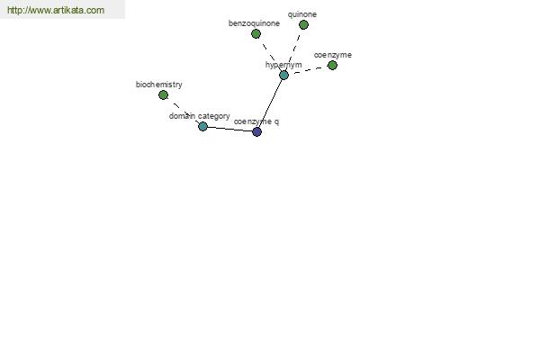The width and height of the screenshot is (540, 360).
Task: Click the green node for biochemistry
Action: pos(163,95)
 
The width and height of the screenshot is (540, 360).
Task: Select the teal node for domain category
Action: pos(202,126)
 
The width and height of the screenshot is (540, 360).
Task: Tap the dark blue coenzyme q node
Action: pos(256,131)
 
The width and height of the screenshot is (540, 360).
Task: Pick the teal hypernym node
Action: pos(283,75)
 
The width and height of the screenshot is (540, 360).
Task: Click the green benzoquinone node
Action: pos(256,34)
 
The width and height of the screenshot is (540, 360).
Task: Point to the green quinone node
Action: pos(303,25)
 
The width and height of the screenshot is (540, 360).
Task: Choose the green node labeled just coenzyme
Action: pos(332,65)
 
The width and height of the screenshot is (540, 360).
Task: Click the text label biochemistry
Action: pos(158,85)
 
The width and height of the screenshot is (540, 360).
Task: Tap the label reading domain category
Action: pos(200,116)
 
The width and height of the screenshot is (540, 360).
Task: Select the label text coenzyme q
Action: pos(256,121)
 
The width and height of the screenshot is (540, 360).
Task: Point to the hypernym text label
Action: pos(283,65)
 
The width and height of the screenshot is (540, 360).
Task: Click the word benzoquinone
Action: pos(254,23)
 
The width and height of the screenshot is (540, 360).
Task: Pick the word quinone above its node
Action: pos(302,14)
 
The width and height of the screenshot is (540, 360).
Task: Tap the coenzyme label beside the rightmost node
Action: pos(333,55)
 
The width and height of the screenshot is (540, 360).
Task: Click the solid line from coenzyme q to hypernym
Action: pos(270,103)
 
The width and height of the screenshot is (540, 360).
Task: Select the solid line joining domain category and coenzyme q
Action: pos(230,130)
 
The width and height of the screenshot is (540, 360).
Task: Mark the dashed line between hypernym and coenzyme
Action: pos(308,70)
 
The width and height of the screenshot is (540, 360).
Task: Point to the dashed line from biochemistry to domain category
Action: pos(183,111)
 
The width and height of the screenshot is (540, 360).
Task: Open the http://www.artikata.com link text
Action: pos(56,10)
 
